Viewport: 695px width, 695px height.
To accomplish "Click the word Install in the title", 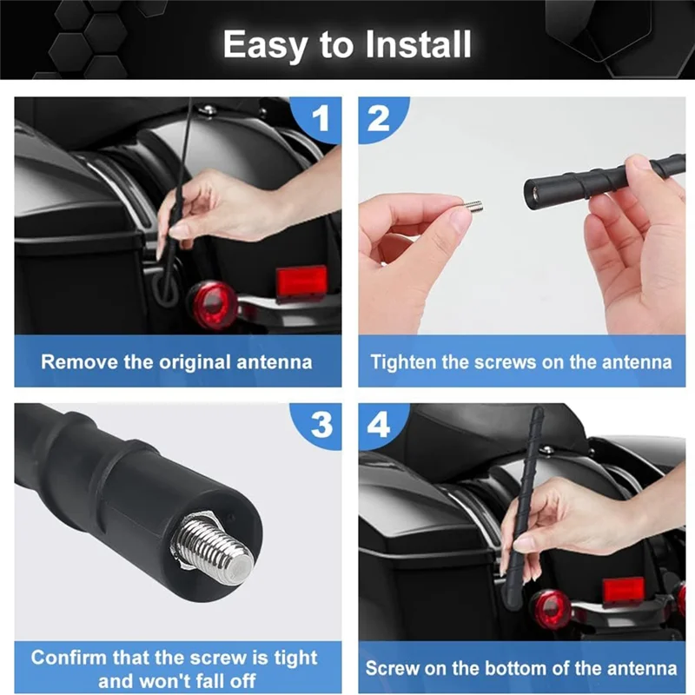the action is [418, 44].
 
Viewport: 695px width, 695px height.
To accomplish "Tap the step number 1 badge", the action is [319, 119].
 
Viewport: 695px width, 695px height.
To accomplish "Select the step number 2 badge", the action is [381, 119].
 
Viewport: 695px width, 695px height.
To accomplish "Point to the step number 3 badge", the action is [319, 426].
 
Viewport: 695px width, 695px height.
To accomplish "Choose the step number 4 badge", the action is [381, 426].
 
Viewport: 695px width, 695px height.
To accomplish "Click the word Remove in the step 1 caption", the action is [80, 361].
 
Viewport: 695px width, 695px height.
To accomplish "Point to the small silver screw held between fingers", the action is [473, 206].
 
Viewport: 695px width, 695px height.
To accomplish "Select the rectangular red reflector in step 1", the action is [301, 282].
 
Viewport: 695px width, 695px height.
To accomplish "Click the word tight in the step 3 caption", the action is [295, 658].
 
